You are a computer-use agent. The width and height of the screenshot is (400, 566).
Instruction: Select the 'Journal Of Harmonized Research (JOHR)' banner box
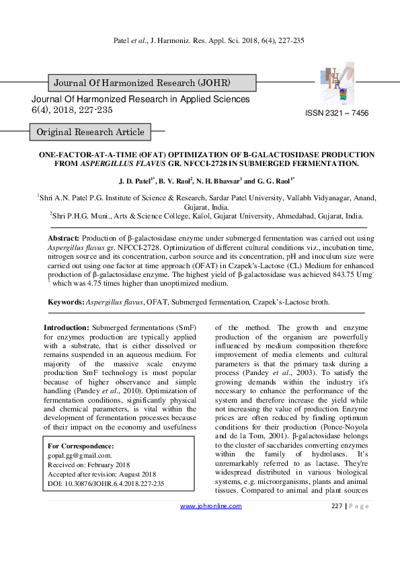(x=143, y=83)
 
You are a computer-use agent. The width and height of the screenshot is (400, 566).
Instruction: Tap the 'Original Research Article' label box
(x=90, y=132)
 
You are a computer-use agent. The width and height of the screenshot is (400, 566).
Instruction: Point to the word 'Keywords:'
(x=66, y=302)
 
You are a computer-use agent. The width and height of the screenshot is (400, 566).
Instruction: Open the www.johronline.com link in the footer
(x=211, y=525)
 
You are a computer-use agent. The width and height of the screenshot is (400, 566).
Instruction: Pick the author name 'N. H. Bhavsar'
(x=218, y=181)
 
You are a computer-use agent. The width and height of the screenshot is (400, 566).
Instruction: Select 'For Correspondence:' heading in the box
(x=81, y=446)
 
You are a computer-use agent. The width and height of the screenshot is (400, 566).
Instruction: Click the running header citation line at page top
(x=206, y=40)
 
